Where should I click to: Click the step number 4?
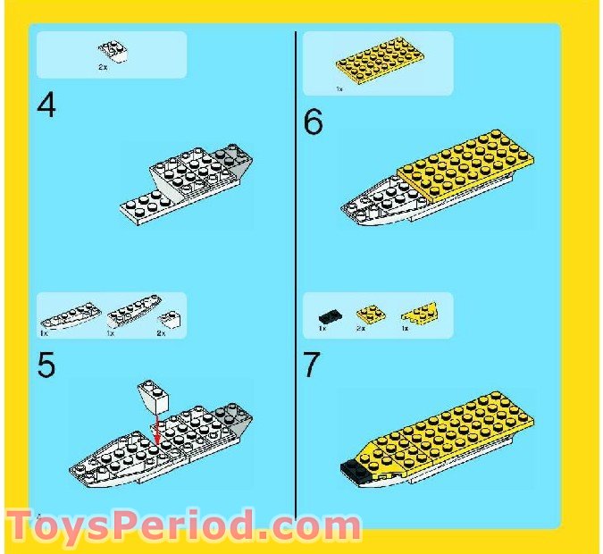coord(46,106)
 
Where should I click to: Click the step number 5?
coord(46,367)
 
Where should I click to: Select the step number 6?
coord(313,122)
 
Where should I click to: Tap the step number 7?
coord(312,366)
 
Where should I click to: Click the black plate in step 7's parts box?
coord(328,315)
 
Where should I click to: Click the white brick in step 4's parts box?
coord(111,51)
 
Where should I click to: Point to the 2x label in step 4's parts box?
coord(103,67)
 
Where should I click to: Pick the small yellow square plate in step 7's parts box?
coord(366,313)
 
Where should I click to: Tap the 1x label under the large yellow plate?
coord(339,89)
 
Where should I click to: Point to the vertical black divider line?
coord(296,268)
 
